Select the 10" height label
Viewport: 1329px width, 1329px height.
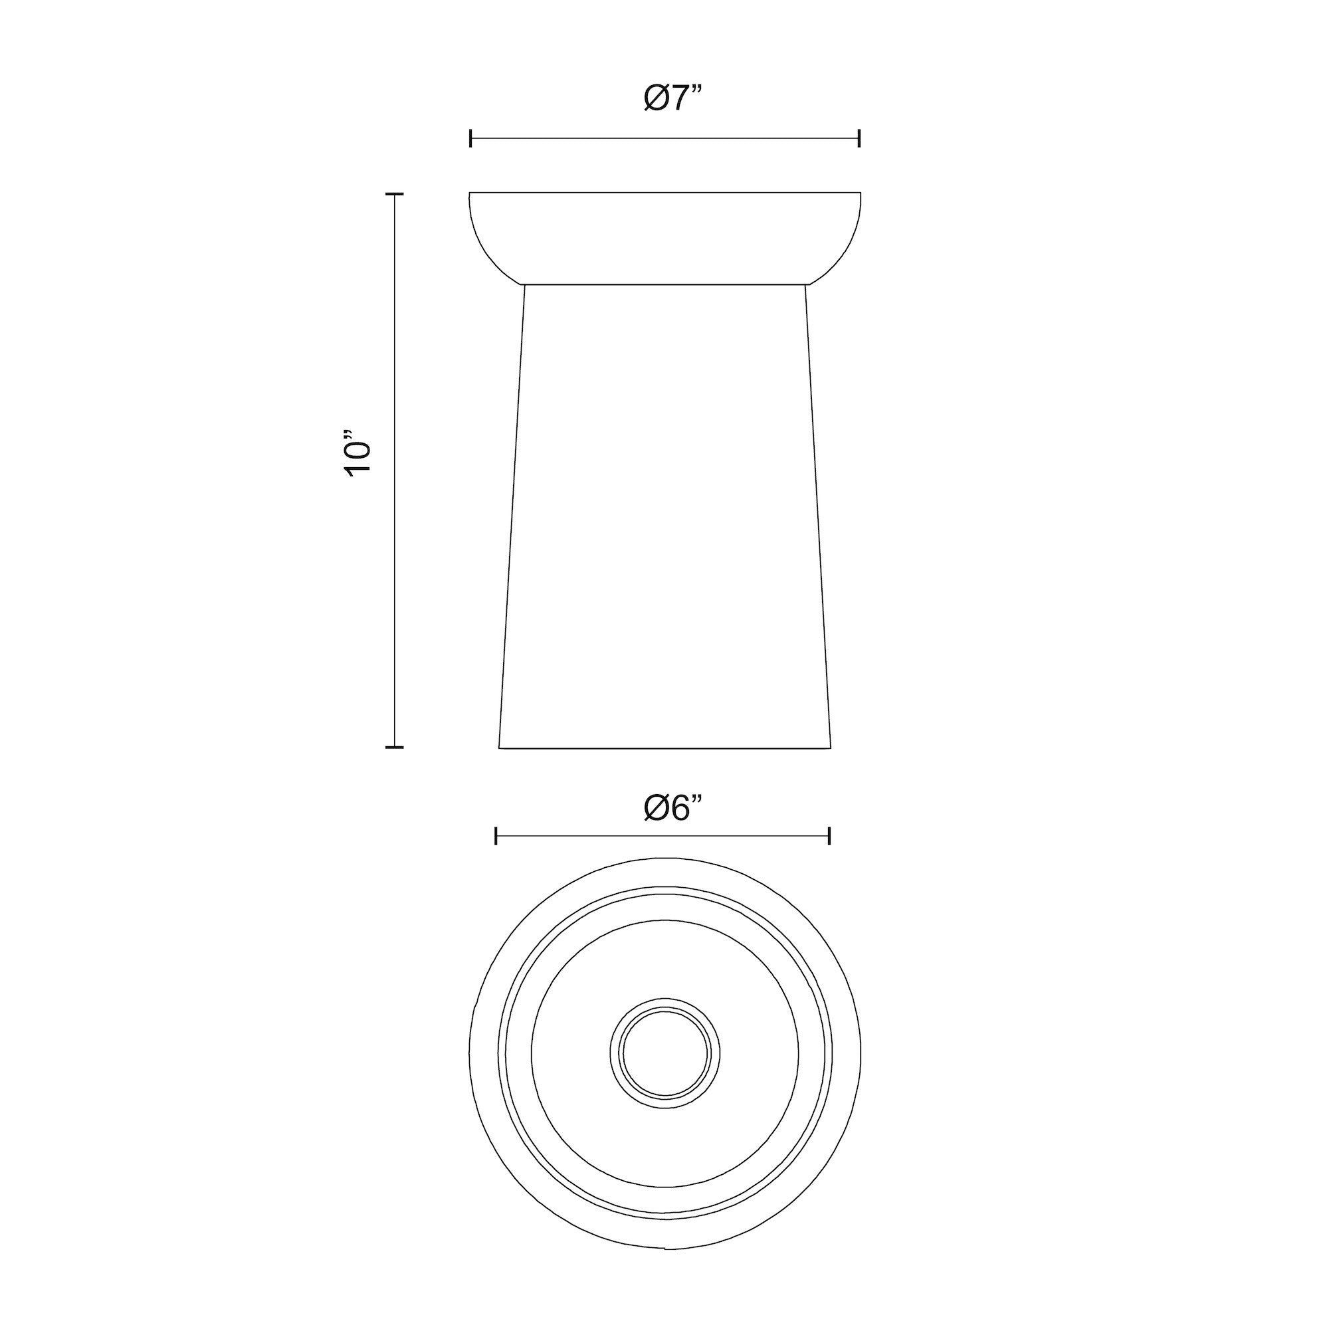click(x=358, y=454)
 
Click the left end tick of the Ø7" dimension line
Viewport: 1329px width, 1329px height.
click(x=470, y=138)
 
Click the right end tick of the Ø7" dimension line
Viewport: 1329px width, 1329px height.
click(x=859, y=138)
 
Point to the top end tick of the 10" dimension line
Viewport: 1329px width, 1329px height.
click(x=394, y=195)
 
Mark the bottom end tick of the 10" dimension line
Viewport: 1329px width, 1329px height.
click(x=394, y=746)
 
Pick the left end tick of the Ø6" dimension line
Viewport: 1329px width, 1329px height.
click(x=496, y=836)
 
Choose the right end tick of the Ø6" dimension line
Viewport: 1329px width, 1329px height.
click(x=830, y=836)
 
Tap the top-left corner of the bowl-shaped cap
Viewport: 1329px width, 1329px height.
click(x=470, y=193)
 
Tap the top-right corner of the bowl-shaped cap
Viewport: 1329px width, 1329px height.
click(x=861, y=193)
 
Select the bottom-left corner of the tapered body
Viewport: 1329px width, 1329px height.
click(x=500, y=748)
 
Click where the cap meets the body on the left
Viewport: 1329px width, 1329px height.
click(x=524, y=284)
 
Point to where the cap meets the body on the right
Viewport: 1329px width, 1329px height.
click(x=806, y=284)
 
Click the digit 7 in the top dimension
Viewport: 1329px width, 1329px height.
click(x=679, y=98)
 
